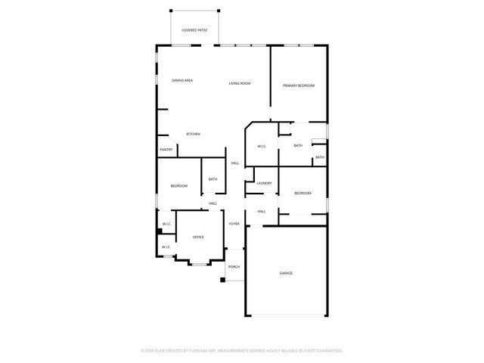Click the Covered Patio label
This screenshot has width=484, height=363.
[x=194, y=30]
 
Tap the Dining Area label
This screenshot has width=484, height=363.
[x=182, y=80]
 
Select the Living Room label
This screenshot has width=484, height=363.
[x=240, y=83]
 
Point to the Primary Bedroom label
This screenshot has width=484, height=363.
[x=299, y=86]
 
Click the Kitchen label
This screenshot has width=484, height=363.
[x=194, y=134]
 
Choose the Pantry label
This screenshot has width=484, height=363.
[x=166, y=150]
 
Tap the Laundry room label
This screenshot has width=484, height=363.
[x=264, y=183]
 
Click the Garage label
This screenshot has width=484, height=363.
[x=286, y=273]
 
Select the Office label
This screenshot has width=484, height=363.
[x=198, y=237]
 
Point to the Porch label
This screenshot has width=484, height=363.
[x=234, y=267]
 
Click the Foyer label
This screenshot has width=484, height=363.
[x=234, y=224]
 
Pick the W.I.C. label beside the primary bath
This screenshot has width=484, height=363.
[x=262, y=146]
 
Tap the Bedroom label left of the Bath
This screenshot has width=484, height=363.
[x=179, y=186]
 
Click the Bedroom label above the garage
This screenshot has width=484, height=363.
[x=302, y=194]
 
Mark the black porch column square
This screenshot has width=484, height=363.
[x=223, y=281]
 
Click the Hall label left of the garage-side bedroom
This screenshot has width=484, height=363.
[x=262, y=212]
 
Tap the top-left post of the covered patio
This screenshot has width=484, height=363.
[x=171, y=10]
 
